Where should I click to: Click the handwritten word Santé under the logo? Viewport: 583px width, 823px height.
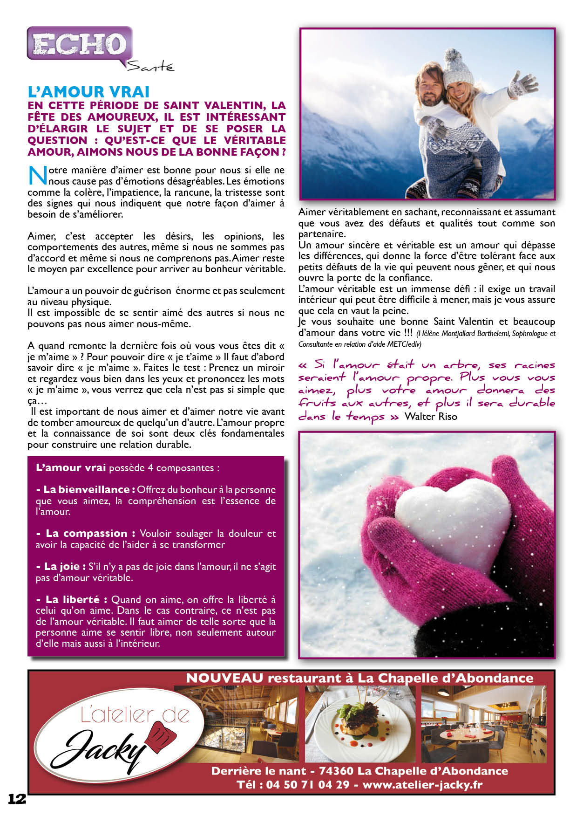click(x=150, y=66)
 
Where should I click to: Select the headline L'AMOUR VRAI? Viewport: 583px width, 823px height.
click(x=88, y=92)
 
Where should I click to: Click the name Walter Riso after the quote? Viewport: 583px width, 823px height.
click(x=431, y=417)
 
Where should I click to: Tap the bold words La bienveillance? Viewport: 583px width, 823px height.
click(x=86, y=490)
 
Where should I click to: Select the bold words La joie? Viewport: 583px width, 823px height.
click(x=62, y=567)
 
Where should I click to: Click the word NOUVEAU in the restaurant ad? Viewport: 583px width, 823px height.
click(x=224, y=678)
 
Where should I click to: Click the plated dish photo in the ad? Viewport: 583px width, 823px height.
click(x=360, y=724)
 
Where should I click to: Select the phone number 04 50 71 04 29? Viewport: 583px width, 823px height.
click(x=308, y=785)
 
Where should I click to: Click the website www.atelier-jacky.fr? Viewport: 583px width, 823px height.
click(x=422, y=785)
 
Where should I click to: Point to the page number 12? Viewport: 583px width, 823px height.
click(x=17, y=799)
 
